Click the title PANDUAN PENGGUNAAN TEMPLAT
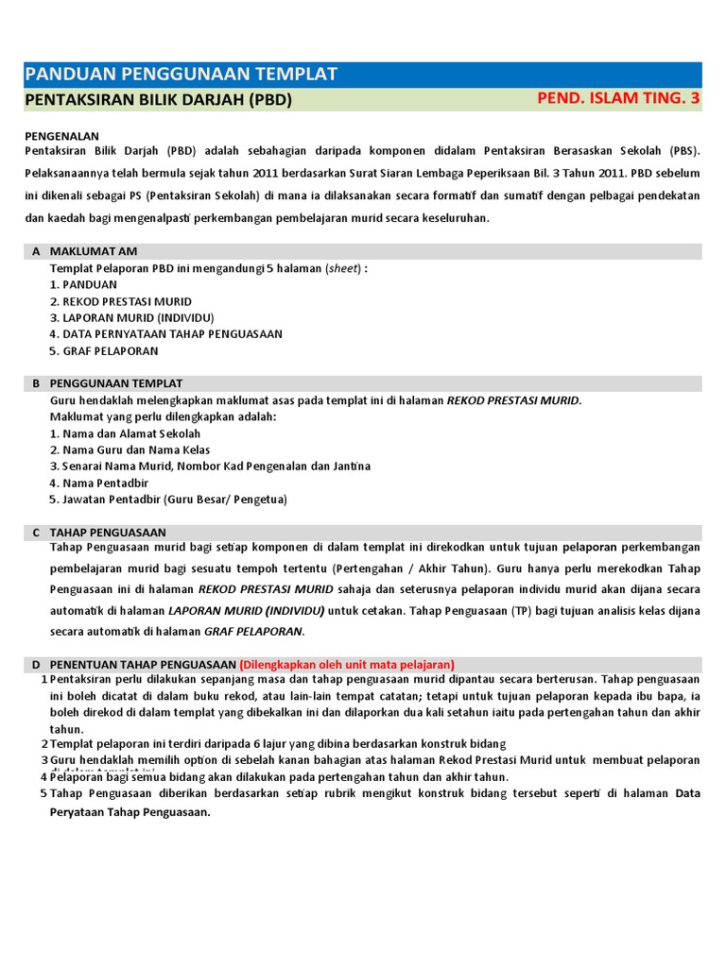[x=181, y=75]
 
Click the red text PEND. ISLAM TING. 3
[x=618, y=99]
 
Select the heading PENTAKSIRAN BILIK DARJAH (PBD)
[x=158, y=100]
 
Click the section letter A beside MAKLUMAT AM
[x=36, y=251]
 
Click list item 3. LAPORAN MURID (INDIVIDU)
[x=131, y=317]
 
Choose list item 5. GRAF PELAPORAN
[x=104, y=350]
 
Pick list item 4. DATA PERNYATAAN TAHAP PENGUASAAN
[x=165, y=334]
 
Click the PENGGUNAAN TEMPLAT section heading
[x=115, y=383]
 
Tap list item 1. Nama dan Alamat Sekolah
[x=125, y=433]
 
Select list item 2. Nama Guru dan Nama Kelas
[x=130, y=450]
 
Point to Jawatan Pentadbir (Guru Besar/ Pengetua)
[x=168, y=500]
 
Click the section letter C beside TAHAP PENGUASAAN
[x=36, y=533]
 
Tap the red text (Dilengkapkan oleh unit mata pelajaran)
[x=347, y=664]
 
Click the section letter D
[x=36, y=664]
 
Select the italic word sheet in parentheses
[x=343, y=268]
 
